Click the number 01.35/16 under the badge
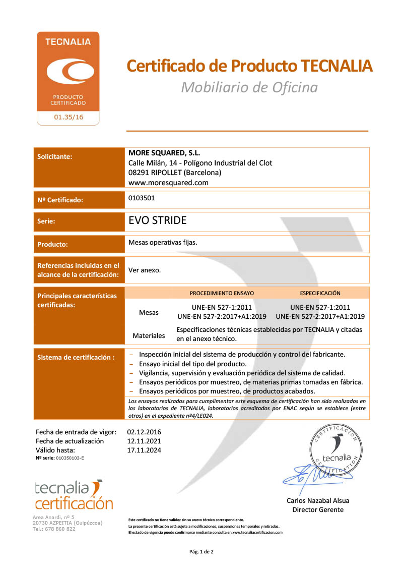coord(68,118)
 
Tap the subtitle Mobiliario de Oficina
coord(249,87)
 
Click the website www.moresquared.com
coord(168,183)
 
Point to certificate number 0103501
coord(142,198)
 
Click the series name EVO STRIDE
coord(158,220)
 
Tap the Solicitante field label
coord(55,156)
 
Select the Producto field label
coord(53,244)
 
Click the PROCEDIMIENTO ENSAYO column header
coord(222,293)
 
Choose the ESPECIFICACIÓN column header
coord(320,293)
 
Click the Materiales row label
coord(149,335)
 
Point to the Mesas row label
coord(149,312)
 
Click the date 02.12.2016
coord(144,432)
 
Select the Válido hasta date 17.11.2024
coord(144,450)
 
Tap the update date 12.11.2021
coord(144,441)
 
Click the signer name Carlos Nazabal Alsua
coord(318,500)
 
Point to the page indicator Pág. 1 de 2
coord(201,552)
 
